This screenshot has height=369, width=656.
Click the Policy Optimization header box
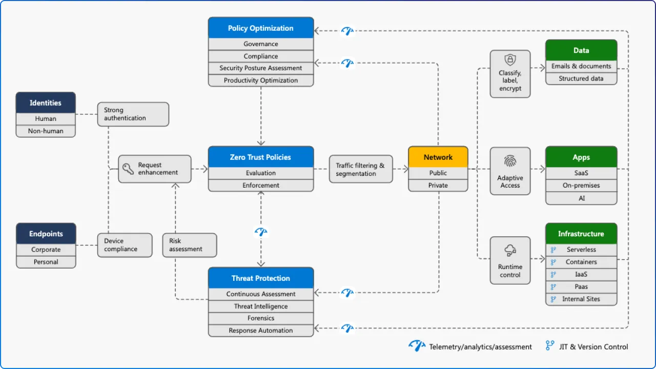coord(261,28)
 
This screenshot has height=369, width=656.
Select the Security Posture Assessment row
coord(261,68)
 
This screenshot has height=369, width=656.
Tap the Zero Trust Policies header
coord(261,157)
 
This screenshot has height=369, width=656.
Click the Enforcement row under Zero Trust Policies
coord(261,186)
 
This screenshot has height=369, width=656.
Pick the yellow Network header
coord(438,157)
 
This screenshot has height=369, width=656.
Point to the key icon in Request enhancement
coord(128,169)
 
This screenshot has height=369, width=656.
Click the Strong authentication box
coord(133,114)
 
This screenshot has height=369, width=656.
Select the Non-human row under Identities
coord(46,131)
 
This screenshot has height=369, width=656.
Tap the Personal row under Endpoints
coord(46,262)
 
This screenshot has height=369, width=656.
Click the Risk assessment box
coord(189,245)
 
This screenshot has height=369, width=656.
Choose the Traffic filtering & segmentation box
coord(360,170)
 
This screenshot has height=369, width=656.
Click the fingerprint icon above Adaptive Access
coord(510,162)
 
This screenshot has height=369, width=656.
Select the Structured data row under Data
coord(581,78)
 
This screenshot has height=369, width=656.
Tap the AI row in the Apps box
coord(581,198)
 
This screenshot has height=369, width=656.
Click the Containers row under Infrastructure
coord(581,262)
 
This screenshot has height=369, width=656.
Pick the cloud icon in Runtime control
coord(510,250)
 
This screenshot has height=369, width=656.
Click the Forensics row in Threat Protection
coord(261,318)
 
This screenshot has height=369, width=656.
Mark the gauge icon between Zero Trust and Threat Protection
coord(261,232)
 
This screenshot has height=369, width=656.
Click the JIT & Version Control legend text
coord(593,347)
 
